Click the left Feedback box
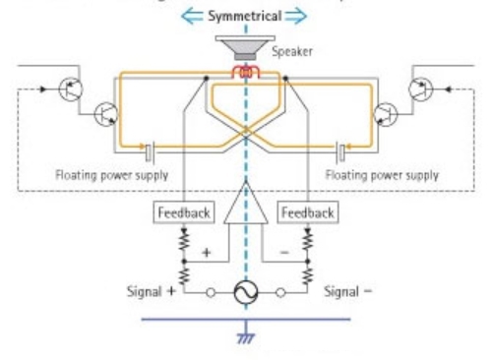pyautogui.click(x=178, y=211)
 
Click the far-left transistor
pyautogui.click(x=69, y=90)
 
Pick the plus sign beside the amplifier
pyautogui.click(x=207, y=253)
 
